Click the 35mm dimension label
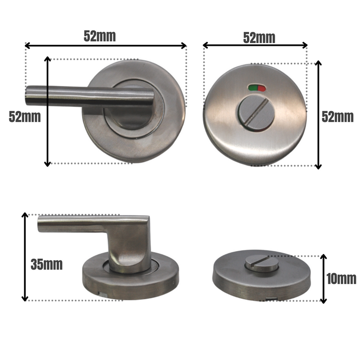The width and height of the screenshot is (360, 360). (x=46, y=265)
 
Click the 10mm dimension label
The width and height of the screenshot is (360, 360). (x=341, y=279)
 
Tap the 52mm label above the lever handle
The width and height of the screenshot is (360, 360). (x=100, y=36)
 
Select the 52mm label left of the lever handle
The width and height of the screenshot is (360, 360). (x=24, y=116)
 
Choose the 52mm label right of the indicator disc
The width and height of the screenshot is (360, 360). (x=337, y=116)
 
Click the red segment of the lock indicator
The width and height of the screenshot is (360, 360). (x=261, y=88)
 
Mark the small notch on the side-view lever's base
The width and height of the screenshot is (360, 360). (x=103, y=294)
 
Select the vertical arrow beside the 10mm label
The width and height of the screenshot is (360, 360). (x=323, y=278)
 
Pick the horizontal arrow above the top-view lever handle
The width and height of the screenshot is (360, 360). (x=105, y=46)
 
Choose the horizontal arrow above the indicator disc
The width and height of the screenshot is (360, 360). (x=256, y=46)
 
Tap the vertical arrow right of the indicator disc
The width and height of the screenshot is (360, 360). (x=318, y=115)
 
